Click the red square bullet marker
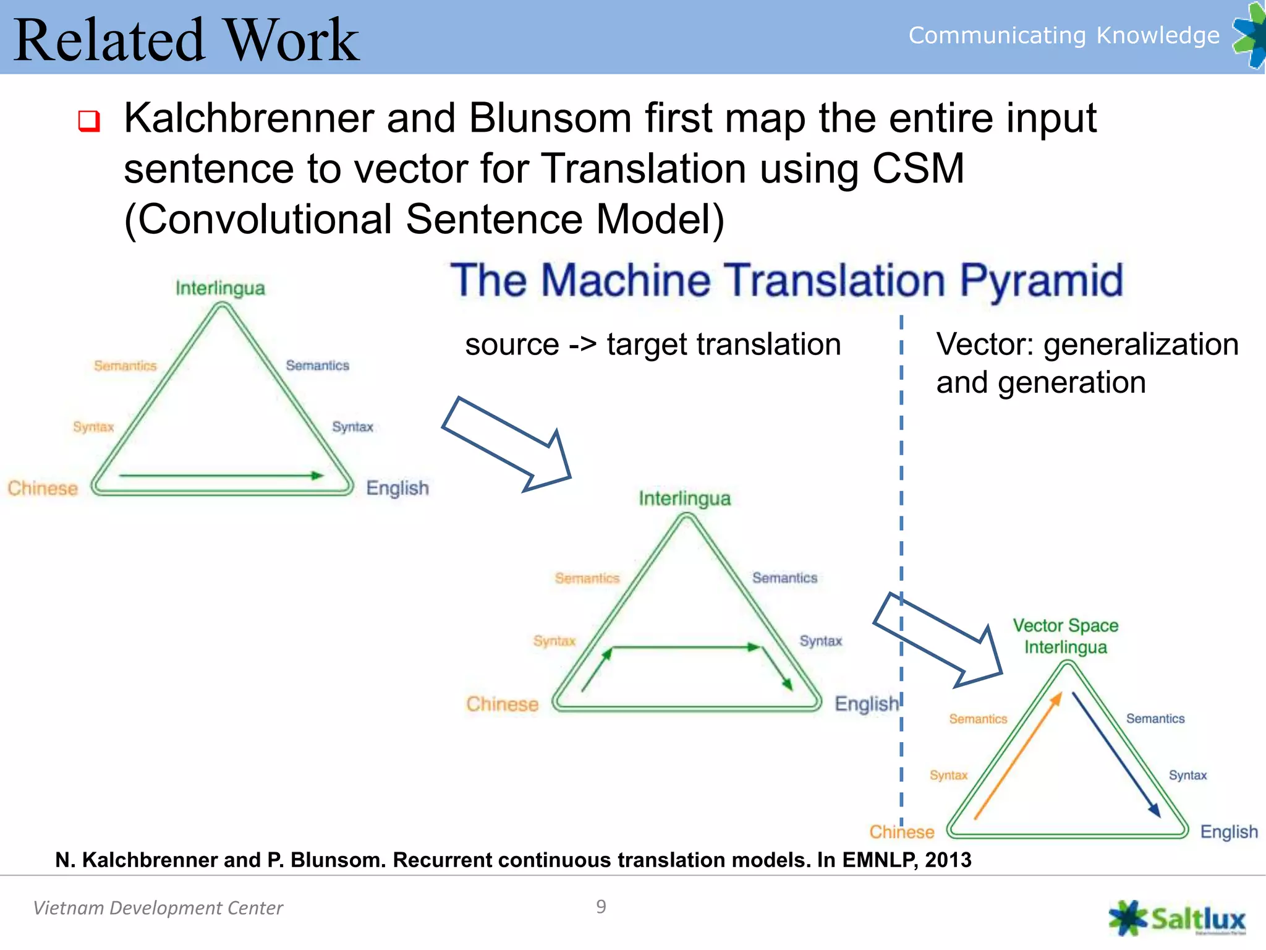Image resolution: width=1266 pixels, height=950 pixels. tap(89, 121)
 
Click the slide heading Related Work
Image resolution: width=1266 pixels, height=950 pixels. tap(185, 40)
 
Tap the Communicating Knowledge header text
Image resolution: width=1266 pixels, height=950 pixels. tap(1063, 35)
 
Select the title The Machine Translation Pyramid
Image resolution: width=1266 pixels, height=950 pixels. tap(786, 281)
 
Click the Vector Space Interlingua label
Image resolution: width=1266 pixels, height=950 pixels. tap(1065, 636)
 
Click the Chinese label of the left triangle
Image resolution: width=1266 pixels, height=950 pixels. tap(43, 488)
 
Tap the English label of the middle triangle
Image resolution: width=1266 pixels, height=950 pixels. tap(866, 704)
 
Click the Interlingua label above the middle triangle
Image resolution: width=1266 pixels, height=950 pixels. tap(684, 499)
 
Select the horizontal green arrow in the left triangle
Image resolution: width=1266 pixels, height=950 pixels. tap(221, 476)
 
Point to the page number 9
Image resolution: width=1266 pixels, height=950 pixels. tap(601, 907)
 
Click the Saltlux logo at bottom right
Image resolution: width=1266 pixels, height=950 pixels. tap(1178, 918)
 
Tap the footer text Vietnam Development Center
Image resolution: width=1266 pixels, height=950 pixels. tap(158, 908)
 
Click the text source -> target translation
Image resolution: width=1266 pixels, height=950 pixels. tap(653, 344)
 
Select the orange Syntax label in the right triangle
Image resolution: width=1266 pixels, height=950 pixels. tap(948, 775)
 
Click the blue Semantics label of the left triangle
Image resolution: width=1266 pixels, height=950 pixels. tap(317, 366)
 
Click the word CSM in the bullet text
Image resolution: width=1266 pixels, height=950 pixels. tap(917, 168)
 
